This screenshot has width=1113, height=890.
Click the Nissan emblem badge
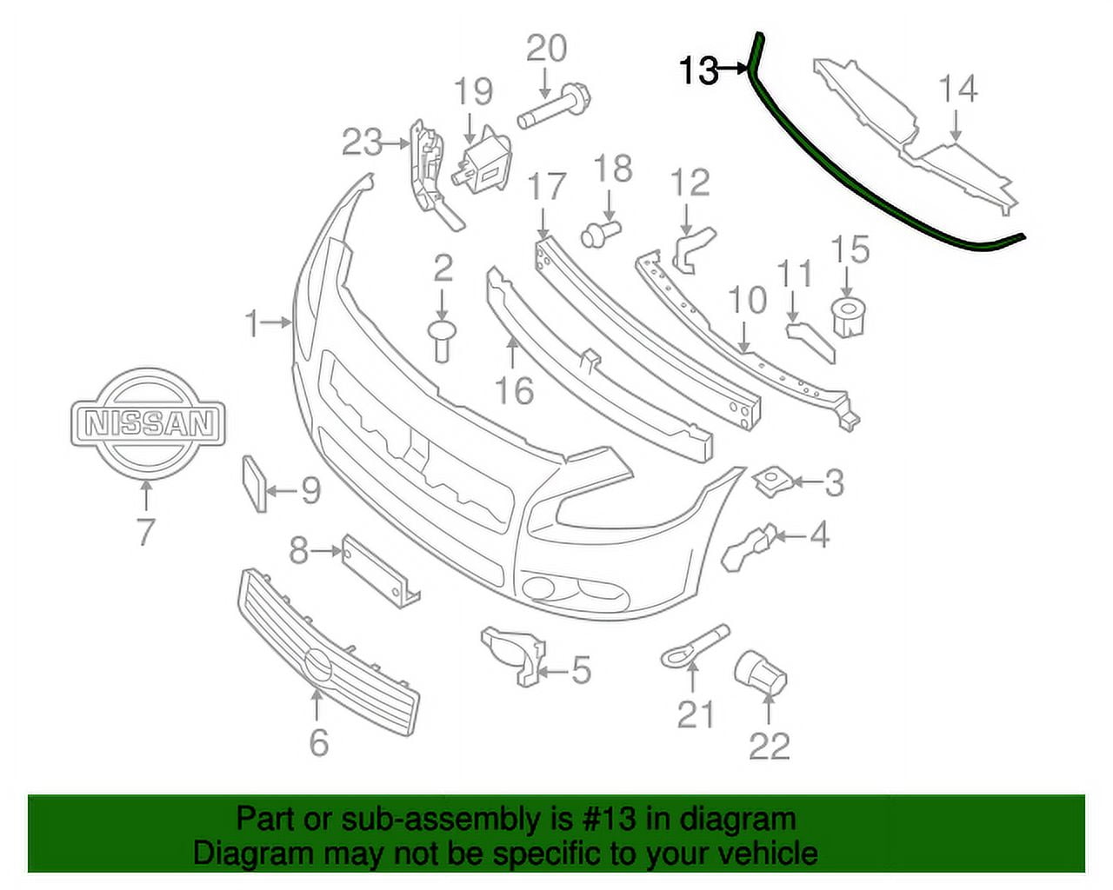point(147,423)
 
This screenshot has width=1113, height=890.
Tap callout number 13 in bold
point(699,70)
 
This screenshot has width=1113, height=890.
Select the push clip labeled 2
point(443,340)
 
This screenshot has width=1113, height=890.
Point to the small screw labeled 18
point(601,232)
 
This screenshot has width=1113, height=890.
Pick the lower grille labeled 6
point(326,653)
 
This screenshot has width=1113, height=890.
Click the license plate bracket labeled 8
point(379,569)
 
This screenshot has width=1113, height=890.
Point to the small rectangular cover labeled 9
point(252,483)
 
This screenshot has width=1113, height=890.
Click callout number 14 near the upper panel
point(957,90)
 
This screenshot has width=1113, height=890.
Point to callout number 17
point(547,187)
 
